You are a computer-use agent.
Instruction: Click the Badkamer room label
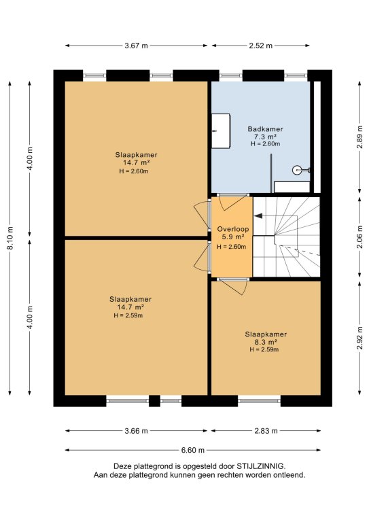point(265,129)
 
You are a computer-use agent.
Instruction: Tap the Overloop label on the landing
point(233,229)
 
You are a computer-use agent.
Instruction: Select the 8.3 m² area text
point(266,343)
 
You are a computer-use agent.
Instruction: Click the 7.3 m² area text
point(266,137)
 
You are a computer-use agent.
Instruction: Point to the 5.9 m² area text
point(233,237)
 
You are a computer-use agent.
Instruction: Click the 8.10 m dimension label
point(10,238)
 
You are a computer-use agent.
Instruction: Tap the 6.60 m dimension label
point(192,450)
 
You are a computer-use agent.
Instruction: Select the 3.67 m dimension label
point(136,46)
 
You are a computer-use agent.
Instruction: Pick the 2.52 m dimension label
point(260,46)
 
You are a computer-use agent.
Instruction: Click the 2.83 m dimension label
point(266,431)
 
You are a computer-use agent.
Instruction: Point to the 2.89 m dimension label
point(359,138)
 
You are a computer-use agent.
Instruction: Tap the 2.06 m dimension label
point(359,237)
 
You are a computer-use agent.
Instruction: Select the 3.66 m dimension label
point(136,431)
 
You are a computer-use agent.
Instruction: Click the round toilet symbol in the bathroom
point(297,170)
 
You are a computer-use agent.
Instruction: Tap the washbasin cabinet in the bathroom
point(221,130)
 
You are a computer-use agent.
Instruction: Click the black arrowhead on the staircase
point(258,216)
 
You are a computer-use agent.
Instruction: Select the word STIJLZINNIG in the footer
point(260,466)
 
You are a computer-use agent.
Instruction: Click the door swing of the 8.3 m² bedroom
point(234,287)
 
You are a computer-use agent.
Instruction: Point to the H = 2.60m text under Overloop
point(232,247)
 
